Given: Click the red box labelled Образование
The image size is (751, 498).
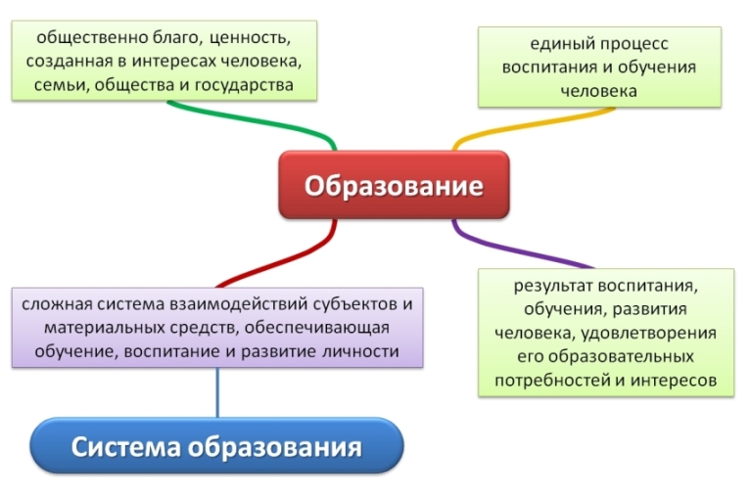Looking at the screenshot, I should pyautogui.click(x=394, y=185).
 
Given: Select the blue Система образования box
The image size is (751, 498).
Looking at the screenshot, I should pyautogui.click(x=216, y=448).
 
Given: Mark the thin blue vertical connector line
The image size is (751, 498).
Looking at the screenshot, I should pyautogui.click(x=217, y=392).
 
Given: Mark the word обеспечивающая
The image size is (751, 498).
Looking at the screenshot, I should pyautogui.click(x=322, y=328).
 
